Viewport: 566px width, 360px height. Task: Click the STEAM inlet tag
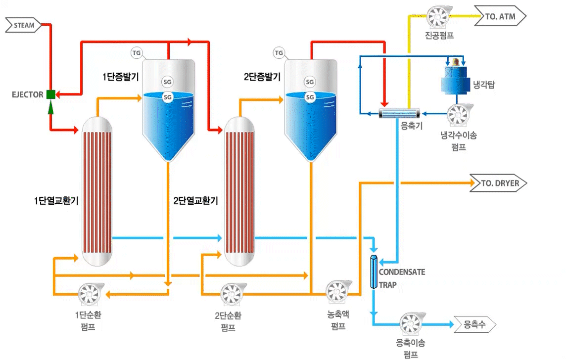tap(23, 25)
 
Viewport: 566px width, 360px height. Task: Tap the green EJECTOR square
tap(50, 94)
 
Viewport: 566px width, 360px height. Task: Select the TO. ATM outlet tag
tap(499, 17)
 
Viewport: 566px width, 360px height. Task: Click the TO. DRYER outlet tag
tap(498, 183)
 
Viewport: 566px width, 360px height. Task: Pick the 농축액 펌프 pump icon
tap(338, 293)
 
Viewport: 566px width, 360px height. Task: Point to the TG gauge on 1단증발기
tap(136, 52)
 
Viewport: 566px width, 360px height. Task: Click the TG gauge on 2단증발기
tap(279, 52)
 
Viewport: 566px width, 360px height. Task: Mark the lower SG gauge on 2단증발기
tap(310, 97)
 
